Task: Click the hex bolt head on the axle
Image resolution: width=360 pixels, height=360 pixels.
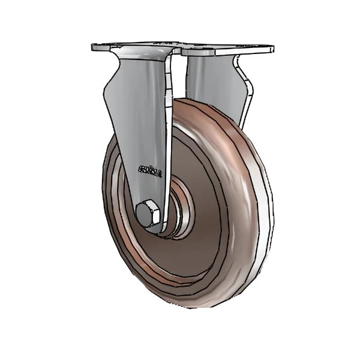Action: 148,214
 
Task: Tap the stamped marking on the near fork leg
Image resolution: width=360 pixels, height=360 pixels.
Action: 150,171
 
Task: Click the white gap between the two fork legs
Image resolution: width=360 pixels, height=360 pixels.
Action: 178,78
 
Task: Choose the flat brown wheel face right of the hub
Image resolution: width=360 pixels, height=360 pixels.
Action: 216,222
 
